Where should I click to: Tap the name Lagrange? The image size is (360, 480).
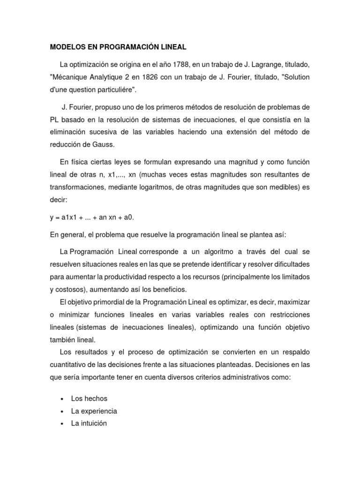click(261, 64)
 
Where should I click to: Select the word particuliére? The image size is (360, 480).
click(105, 89)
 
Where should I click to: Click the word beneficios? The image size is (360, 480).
click(165, 289)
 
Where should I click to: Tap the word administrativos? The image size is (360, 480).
click(245, 377)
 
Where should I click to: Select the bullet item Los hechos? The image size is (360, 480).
click(89, 398)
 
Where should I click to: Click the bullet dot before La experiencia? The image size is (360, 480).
click(62, 411)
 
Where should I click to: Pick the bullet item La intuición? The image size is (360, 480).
click(89, 423)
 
